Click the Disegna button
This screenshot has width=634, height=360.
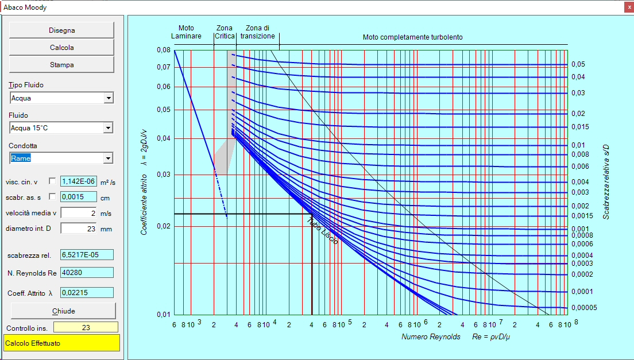click(61, 30)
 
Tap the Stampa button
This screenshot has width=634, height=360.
click(61, 65)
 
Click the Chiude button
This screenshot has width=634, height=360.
click(64, 311)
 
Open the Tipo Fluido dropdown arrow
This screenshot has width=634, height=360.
click(109, 98)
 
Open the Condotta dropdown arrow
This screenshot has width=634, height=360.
click(108, 158)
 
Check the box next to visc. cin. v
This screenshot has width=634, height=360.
click(52, 181)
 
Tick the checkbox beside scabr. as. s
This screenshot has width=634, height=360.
click(52, 196)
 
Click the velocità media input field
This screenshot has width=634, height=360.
click(79, 213)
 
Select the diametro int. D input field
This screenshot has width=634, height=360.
click(79, 229)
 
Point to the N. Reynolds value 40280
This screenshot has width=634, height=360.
click(87, 272)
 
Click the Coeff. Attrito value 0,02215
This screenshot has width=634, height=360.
click(87, 292)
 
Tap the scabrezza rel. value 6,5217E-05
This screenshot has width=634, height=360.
click(87, 255)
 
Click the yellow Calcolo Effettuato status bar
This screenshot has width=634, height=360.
click(62, 343)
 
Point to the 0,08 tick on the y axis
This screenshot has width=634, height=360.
click(164, 50)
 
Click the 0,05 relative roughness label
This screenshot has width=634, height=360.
click(578, 64)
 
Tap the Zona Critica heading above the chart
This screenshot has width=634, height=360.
click(225, 32)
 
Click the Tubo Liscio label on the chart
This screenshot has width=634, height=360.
click(323, 231)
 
